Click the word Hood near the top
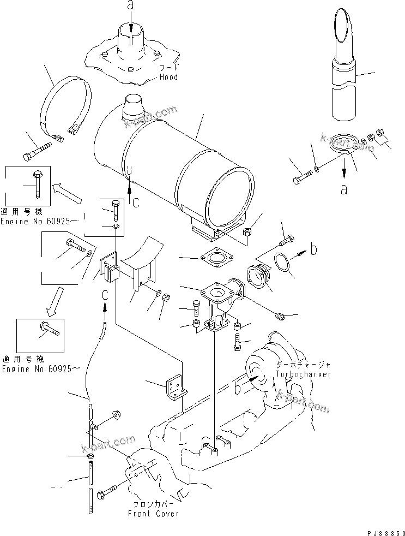(x=168, y=78)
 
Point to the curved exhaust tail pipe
(x=343, y=71)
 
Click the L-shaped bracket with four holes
(x=175, y=388)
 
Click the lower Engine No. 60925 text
(x=40, y=369)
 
